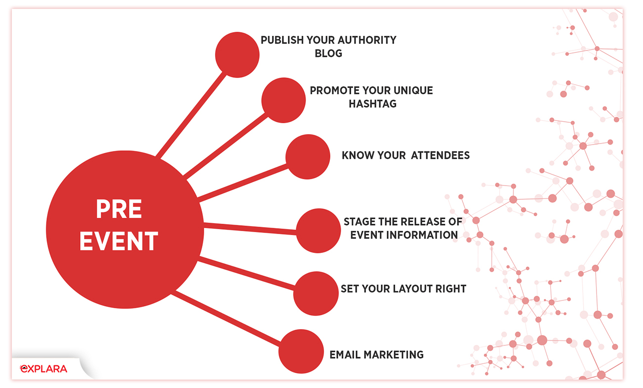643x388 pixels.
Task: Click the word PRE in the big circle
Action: [x=119, y=209]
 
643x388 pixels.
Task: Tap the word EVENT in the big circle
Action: [x=119, y=241]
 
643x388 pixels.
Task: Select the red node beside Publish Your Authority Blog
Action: [x=237, y=54]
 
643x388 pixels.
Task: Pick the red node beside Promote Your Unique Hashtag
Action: [x=283, y=100]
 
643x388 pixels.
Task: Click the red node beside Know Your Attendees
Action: [x=308, y=157]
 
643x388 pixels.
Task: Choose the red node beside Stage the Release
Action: [x=319, y=231]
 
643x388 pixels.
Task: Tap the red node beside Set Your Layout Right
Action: [x=316, y=293]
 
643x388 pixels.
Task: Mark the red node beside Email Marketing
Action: [x=301, y=351]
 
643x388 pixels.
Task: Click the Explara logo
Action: [x=44, y=369]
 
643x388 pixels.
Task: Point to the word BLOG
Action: [x=328, y=53]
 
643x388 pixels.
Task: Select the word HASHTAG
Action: [x=372, y=103]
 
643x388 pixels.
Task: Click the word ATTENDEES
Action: [x=440, y=155]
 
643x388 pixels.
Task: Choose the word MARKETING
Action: [x=394, y=355]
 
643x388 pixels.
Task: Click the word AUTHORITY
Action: [x=367, y=40]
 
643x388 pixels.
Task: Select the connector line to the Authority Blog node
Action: [x=191, y=115]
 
